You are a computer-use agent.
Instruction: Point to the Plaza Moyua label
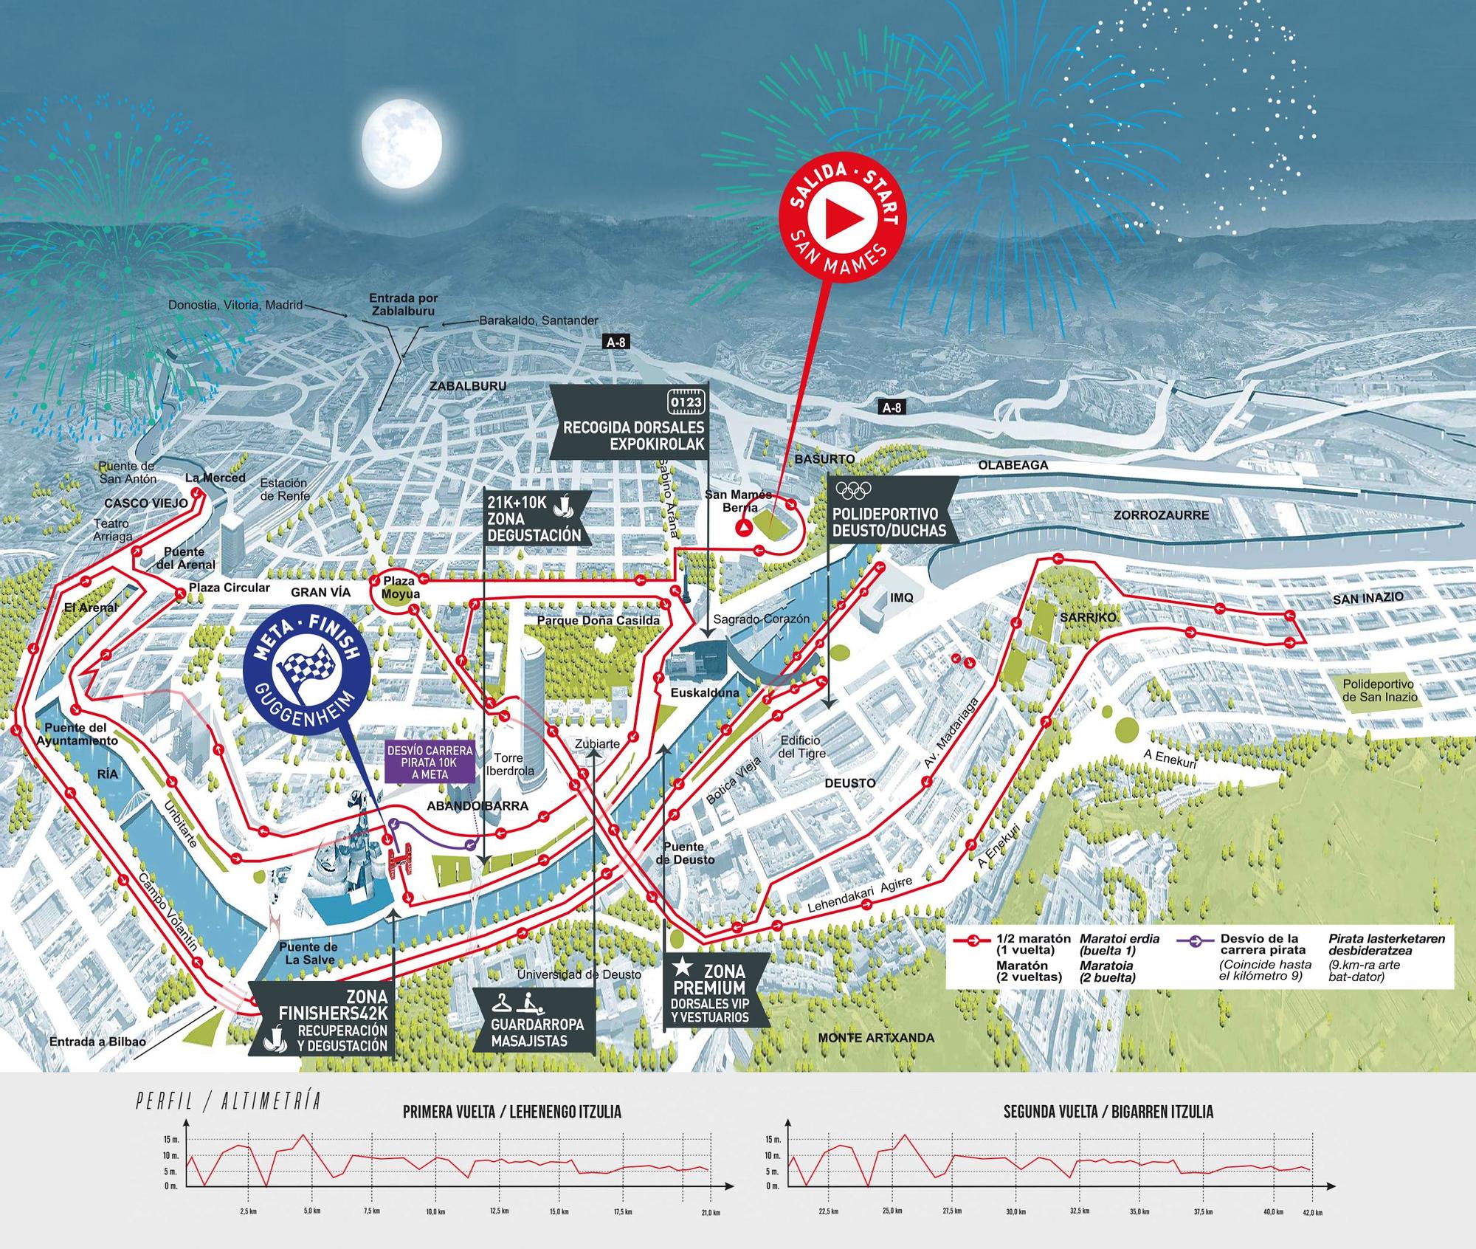tap(401, 588)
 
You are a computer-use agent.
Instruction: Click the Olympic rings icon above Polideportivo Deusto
tap(854, 489)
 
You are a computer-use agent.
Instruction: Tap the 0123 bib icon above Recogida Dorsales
tap(686, 402)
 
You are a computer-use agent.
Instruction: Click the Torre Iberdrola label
tap(508, 765)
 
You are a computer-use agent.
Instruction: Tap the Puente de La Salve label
tap(308, 953)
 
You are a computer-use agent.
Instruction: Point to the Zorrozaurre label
tap(1162, 515)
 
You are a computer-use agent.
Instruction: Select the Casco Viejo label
tap(136, 503)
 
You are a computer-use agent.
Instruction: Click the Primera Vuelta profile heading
tap(512, 1112)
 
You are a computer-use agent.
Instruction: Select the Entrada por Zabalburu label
tap(404, 304)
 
